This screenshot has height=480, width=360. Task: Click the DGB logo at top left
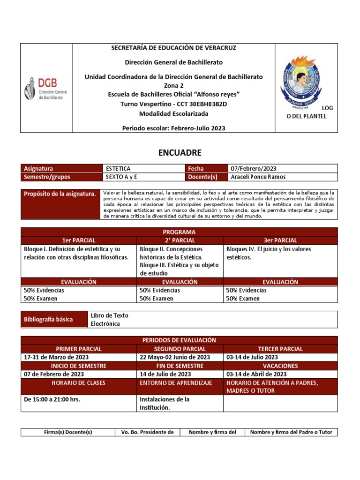(46, 89)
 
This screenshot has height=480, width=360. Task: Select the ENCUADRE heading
(179, 152)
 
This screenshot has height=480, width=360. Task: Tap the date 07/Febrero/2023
(254, 168)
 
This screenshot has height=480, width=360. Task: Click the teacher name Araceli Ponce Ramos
(258, 177)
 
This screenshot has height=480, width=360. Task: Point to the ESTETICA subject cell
(118, 168)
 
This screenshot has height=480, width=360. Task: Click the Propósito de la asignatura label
(60, 194)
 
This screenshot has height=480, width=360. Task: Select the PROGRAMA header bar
(179, 232)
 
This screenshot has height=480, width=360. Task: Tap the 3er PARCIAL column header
(280, 240)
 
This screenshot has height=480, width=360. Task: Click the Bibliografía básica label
(48, 319)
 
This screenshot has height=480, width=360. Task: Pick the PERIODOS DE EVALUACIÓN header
(179, 340)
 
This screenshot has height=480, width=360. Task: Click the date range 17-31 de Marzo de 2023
(56, 357)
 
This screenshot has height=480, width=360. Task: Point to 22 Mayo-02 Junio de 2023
(175, 357)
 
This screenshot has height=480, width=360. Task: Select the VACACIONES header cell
(280, 366)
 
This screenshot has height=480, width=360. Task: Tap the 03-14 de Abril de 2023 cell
(256, 374)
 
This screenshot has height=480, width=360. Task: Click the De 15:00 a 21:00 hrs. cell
(52, 399)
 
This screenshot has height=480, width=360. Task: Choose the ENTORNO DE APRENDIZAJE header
(176, 383)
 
